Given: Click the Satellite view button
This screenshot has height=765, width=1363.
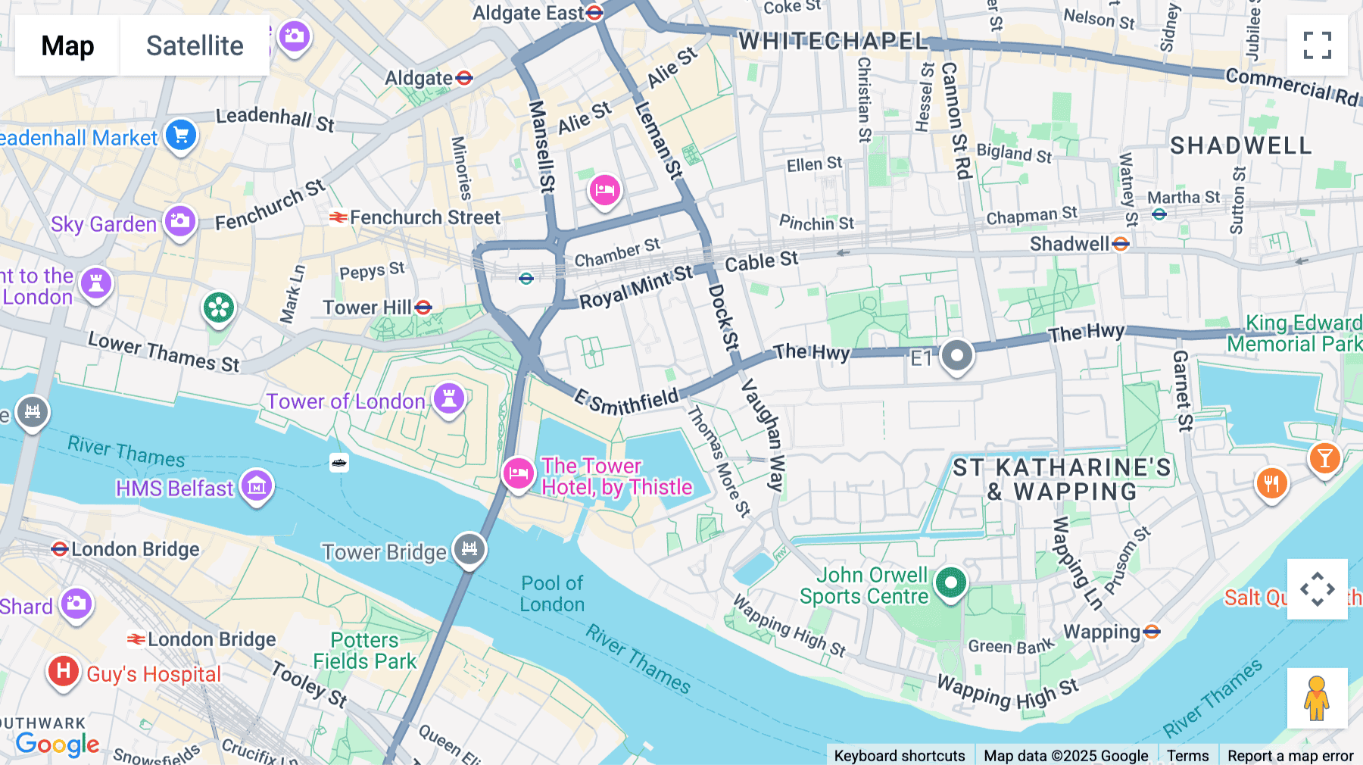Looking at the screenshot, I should point(195,45).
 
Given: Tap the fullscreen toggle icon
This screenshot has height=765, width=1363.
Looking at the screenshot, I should point(1317,45).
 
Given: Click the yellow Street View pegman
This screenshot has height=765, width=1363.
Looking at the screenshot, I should point(1317,698).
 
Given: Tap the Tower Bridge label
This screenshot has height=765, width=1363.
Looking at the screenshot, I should point(384,552).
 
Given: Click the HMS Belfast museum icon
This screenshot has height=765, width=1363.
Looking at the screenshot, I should point(257,486).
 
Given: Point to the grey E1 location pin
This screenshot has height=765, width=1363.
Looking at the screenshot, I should point(956,355).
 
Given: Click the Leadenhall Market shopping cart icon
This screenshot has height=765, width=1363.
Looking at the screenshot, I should point(181,136).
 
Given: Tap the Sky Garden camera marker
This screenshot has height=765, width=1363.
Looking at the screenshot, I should point(180,222).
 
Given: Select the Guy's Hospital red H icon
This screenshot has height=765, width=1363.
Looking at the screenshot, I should point(64,671).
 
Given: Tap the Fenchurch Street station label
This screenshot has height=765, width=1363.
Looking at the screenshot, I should point(424,217).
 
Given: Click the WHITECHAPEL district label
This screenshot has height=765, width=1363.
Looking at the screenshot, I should point(833,41).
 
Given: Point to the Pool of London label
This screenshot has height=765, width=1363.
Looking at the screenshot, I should point(552,594).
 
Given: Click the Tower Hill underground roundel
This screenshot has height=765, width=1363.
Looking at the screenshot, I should point(424,308).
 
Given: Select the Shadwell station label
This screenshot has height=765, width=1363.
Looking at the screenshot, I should point(1069,244).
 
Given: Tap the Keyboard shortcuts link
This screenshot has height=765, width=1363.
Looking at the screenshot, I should point(899,755).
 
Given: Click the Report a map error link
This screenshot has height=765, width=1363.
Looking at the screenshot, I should point(1290,755).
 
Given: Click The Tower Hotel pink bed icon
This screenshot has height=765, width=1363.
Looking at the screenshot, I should point(519,474).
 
